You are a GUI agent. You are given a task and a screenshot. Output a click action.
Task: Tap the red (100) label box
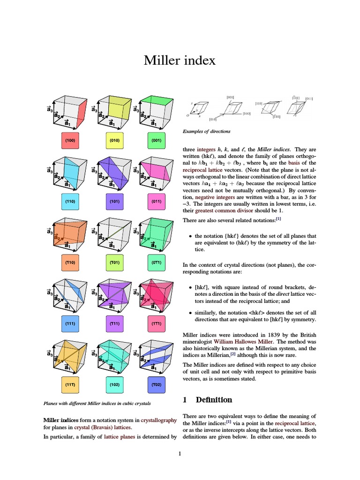point(70,140)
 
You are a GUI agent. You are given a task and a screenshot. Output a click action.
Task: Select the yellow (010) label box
point(114,140)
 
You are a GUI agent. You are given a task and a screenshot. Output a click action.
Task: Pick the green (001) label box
point(157,140)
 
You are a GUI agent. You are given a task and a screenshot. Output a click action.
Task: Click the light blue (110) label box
point(70,201)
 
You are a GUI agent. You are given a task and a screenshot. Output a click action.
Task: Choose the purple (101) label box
point(114,201)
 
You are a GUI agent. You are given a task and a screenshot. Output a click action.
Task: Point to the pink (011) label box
point(157,201)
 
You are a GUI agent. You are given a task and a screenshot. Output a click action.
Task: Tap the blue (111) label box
point(70,323)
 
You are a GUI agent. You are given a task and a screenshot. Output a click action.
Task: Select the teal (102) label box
point(114,384)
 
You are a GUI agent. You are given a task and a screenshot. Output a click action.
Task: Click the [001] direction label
point(230,97)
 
